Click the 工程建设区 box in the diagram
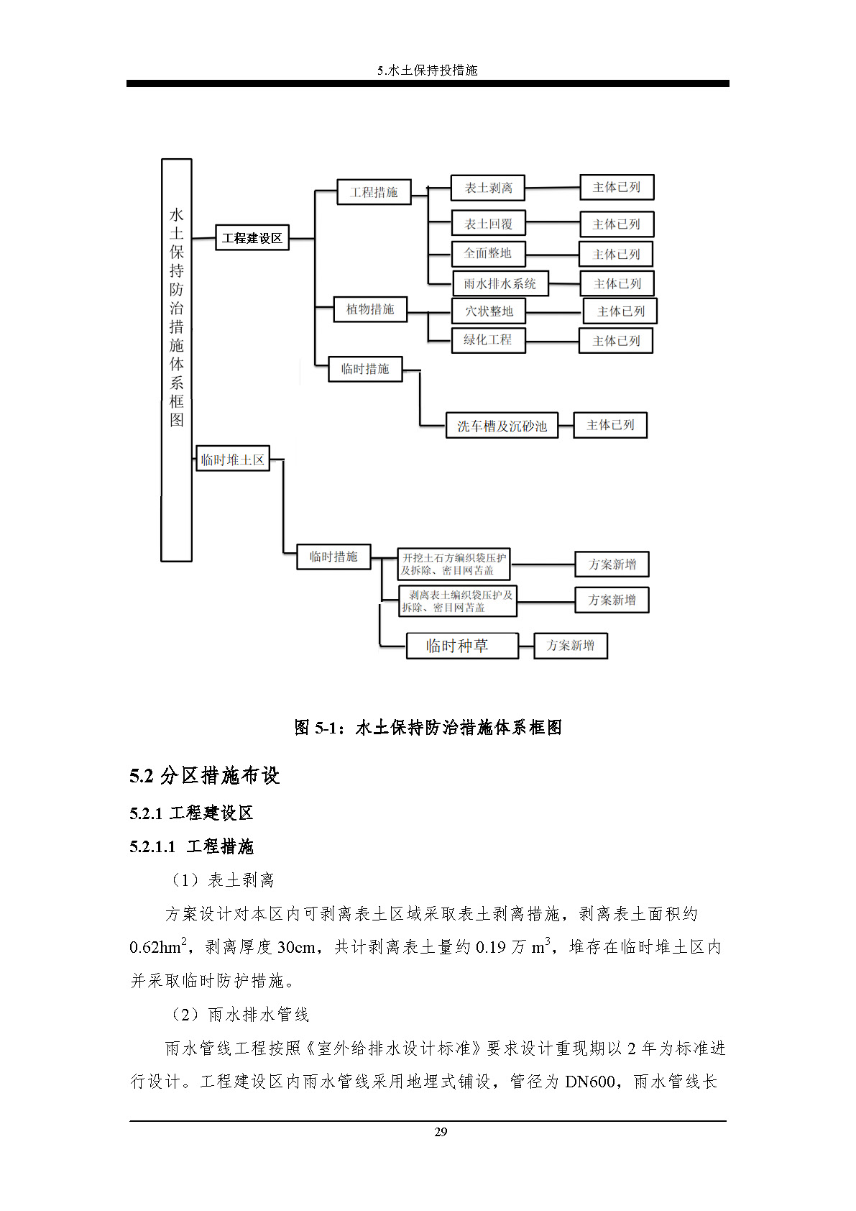(x=252, y=238)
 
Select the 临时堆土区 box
(x=233, y=459)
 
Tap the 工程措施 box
(x=374, y=192)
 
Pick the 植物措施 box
(x=370, y=309)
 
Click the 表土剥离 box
(x=488, y=188)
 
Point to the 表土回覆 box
(x=488, y=224)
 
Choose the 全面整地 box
(x=488, y=253)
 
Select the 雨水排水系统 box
(x=500, y=283)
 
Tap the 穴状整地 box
(x=489, y=311)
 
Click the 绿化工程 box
(x=488, y=340)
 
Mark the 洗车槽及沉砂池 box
(x=502, y=426)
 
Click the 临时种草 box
(x=461, y=646)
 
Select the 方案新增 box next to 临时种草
(x=571, y=646)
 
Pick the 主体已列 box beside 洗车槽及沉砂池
(x=610, y=425)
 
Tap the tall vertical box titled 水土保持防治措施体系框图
(x=176, y=360)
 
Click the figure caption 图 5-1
(x=428, y=728)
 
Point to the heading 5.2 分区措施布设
(x=205, y=775)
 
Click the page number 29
(x=441, y=1132)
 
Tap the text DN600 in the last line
(x=589, y=1082)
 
